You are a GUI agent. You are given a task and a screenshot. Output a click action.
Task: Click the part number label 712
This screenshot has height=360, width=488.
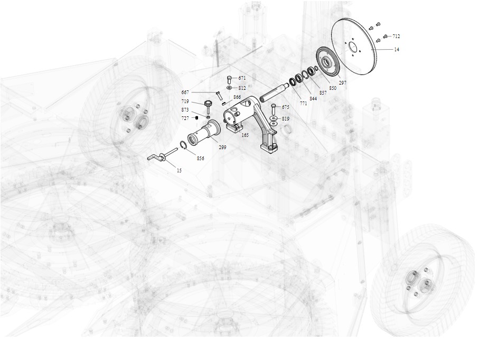(x=396, y=36)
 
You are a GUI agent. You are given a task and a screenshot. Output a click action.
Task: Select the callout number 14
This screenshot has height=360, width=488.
(x=397, y=50)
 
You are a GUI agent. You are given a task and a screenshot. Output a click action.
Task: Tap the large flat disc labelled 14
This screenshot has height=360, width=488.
(x=354, y=47)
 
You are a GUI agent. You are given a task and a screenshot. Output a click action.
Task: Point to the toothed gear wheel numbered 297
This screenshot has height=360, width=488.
(x=328, y=62)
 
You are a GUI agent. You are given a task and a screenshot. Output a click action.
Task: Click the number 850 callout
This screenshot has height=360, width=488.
(x=333, y=88)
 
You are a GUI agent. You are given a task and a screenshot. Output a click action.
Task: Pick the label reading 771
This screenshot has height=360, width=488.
(x=304, y=104)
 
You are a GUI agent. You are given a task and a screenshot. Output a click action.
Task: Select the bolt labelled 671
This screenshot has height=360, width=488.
(x=229, y=79)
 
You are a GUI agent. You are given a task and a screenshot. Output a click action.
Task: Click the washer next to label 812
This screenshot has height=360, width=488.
(x=229, y=88)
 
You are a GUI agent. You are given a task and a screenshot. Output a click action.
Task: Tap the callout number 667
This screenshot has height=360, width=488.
(x=185, y=93)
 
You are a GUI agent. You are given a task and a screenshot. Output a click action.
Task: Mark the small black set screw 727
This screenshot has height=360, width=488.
(x=196, y=118)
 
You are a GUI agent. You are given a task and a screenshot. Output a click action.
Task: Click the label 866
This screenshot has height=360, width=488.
(x=237, y=97)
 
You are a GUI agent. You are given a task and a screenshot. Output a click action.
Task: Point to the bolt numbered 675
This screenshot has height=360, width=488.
(x=274, y=109)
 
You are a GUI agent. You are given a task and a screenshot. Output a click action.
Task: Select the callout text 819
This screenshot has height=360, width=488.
(x=285, y=118)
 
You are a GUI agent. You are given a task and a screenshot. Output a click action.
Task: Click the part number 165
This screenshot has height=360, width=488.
(x=245, y=135)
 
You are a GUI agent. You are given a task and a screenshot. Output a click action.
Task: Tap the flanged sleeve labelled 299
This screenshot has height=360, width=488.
(x=204, y=133)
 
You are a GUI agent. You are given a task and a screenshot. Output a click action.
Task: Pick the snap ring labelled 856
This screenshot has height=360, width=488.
(x=184, y=145)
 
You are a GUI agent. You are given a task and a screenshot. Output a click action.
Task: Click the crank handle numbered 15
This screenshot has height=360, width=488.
(x=161, y=155)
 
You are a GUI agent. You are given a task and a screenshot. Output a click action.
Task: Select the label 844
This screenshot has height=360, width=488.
(x=313, y=99)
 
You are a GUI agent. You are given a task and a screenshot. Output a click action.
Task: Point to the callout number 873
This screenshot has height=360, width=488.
(x=185, y=110)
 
